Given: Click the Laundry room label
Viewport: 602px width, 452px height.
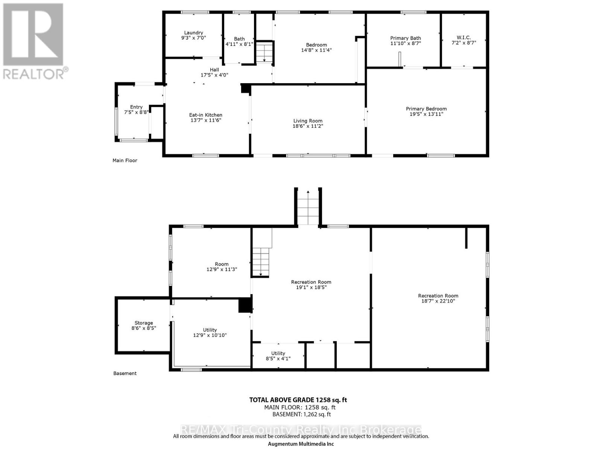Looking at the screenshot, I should pos(193,33).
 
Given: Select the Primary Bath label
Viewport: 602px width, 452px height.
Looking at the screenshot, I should pos(405,38).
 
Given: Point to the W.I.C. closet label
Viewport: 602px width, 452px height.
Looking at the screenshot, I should pos(464,37).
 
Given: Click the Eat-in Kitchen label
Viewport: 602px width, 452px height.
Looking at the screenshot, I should pos(205,115).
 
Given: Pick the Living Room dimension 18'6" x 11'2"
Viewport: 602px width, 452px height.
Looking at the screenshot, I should pos(308,126).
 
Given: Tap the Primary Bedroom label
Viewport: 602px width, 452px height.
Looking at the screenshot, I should pos(426,108).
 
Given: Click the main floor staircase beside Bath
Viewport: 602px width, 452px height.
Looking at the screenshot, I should pos(264,52).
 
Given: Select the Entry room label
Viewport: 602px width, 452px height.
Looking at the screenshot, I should pos(136,107).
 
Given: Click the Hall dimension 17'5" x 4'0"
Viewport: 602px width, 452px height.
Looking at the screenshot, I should pos(214,75).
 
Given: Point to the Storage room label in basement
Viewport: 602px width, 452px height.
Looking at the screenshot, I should pos(144,323).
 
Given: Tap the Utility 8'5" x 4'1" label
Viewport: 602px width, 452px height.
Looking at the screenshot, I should pos(278,356).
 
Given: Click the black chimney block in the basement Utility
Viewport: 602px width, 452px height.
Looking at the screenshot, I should pos(245,305).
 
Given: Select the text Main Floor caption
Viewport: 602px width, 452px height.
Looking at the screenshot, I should pos(125,160).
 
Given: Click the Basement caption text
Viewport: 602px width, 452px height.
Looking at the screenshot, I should pos(125,373).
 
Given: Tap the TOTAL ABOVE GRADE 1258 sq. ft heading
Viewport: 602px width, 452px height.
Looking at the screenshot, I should pos(298,400).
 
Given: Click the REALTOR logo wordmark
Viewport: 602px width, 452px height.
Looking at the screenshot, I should pos(36,73).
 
